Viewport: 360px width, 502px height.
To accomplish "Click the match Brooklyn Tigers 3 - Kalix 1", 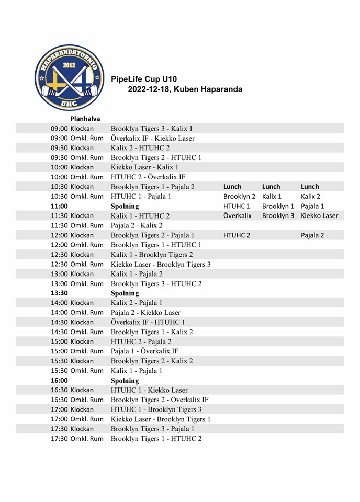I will click(x=152, y=129).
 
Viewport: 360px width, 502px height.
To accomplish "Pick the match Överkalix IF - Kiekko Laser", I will click(x=152, y=138).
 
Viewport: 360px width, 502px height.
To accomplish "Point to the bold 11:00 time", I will click(x=60, y=206).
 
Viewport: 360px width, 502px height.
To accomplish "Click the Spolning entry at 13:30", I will click(x=125, y=293).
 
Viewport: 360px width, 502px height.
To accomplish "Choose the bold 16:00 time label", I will click(x=60, y=380).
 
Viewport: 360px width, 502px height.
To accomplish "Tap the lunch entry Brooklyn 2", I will click(x=239, y=197).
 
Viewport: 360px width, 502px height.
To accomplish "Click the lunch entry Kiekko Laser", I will click(x=319, y=215).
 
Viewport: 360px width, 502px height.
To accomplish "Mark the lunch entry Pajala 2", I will click(x=312, y=235).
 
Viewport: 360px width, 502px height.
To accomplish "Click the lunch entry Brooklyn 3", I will click(x=278, y=215).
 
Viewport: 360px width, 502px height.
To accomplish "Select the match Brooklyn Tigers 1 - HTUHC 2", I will click(x=156, y=438).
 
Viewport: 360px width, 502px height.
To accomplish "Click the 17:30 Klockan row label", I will click(x=72, y=429).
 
